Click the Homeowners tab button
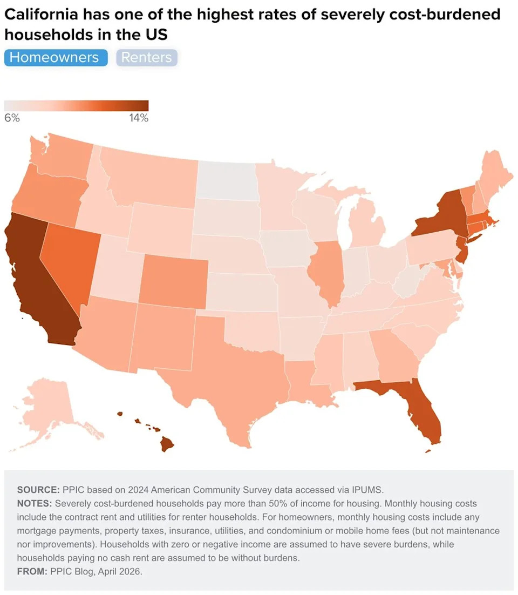tap(55, 58)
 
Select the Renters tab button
tap(146, 58)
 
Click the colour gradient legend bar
tap(76, 105)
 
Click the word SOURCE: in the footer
tap(38, 490)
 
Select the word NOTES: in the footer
tap(35, 504)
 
